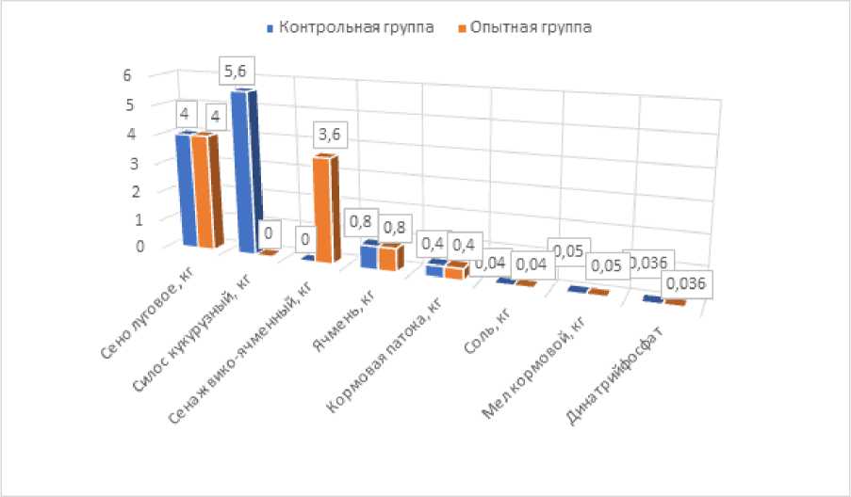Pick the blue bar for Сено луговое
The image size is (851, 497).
tap(181, 189)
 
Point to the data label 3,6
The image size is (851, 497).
tap(330, 136)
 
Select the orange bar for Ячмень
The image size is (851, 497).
tap(388, 257)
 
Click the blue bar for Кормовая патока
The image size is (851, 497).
tap(434, 269)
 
